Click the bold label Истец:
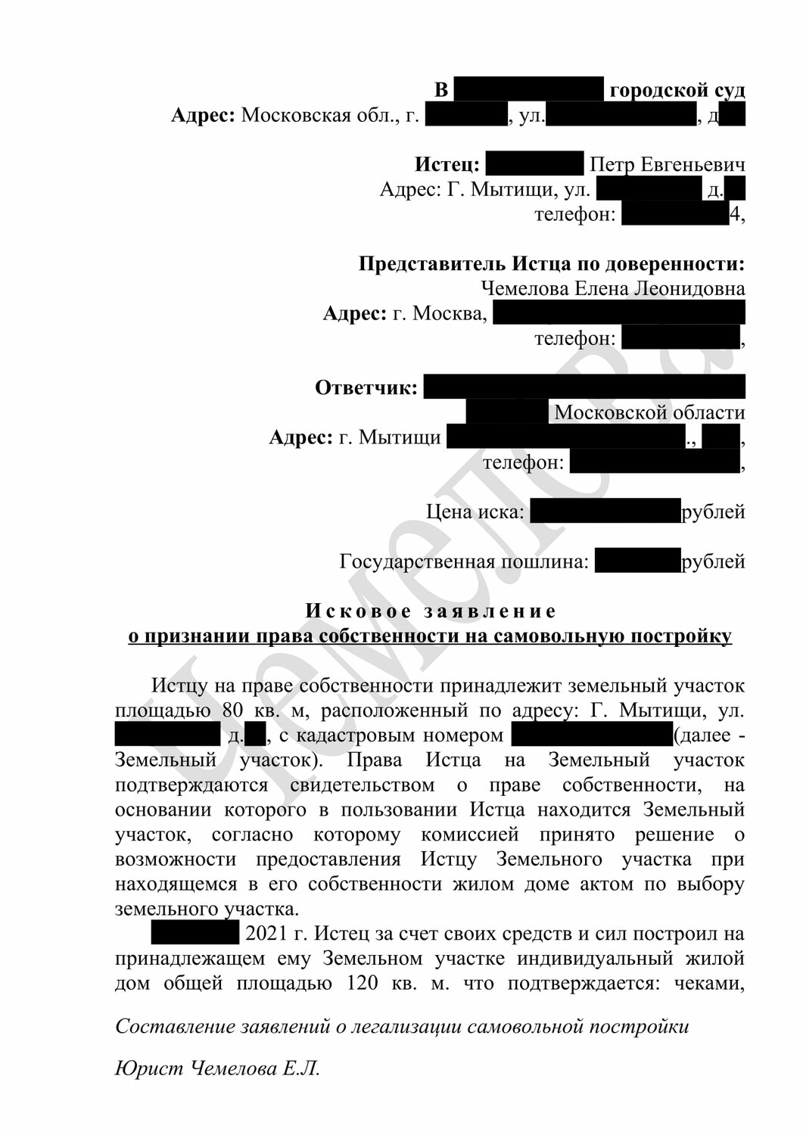447,164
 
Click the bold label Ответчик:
366,388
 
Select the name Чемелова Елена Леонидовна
612,288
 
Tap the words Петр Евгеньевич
667,164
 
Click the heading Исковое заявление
431,611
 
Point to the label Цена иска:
475,512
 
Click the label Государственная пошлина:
464,561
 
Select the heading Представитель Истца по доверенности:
551,263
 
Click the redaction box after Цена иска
605,512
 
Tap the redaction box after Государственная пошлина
638,561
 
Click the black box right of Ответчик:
584,387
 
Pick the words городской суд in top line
677,90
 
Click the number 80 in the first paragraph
235,711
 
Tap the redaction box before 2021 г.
195,934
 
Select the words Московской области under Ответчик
649,412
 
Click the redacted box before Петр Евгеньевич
534,164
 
